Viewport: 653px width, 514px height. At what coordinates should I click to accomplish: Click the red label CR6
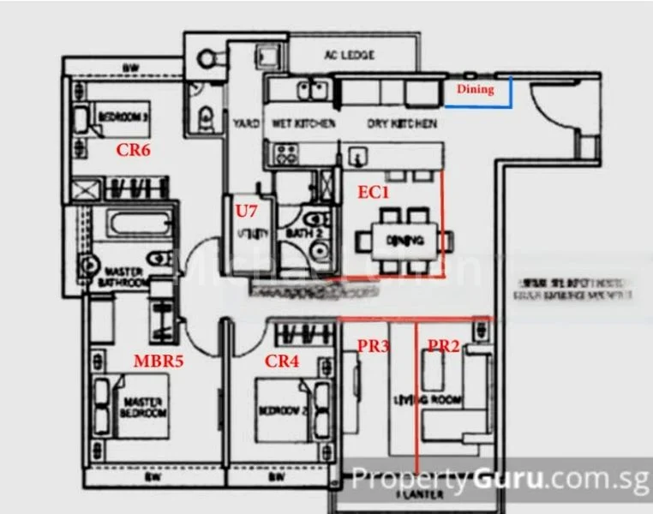(134, 149)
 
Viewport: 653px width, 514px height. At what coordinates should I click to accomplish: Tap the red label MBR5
(159, 361)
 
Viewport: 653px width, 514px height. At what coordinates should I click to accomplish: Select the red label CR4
(282, 361)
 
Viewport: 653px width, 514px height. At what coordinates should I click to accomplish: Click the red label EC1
(374, 193)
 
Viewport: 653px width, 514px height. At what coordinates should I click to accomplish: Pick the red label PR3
(373, 346)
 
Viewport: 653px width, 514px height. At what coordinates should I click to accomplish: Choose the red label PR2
(445, 346)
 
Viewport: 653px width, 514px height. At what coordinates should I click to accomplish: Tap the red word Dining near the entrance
(475, 88)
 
